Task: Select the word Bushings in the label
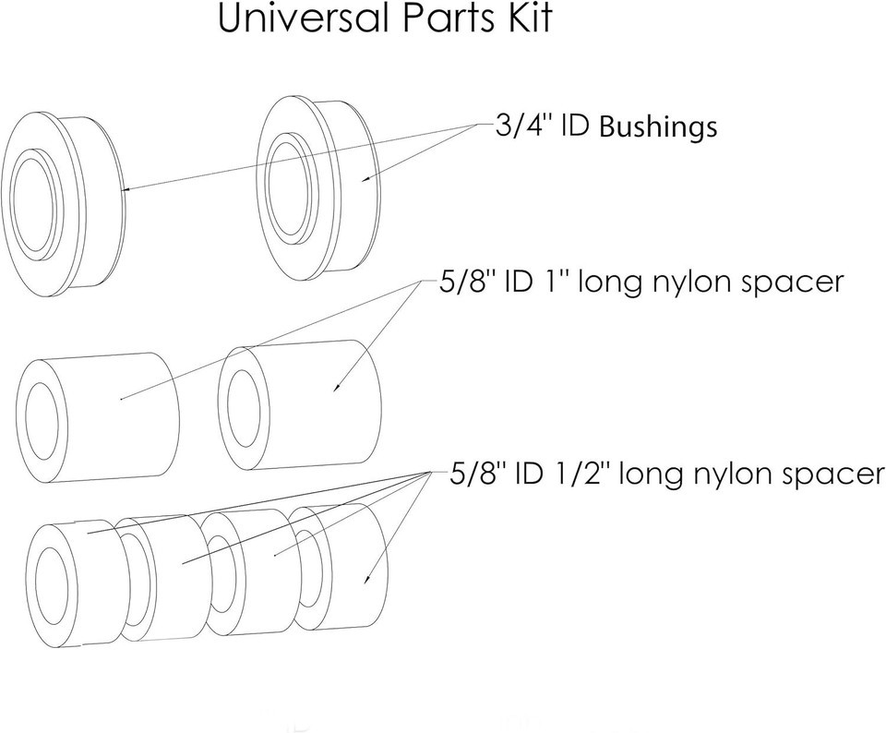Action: [x=658, y=127]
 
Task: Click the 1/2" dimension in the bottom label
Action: [x=582, y=475]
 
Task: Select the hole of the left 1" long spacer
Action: [x=45, y=420]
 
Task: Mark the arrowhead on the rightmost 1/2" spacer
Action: [x=369, y=580]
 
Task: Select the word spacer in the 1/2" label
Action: [x=834, y=475]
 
